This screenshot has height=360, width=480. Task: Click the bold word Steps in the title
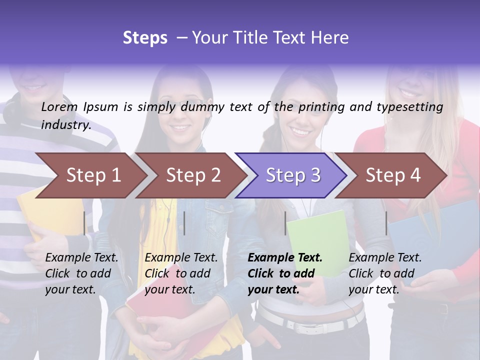click(x=145, y=38)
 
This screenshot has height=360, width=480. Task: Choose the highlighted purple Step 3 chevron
click(x=292, y=175)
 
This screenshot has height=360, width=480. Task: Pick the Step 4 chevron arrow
click(x=392, y=175)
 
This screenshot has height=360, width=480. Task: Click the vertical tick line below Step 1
click(x=84, y=223)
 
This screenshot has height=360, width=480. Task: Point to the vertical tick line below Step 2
click(x=184, y=223)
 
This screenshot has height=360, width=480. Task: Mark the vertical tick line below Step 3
click(x=285, y=223)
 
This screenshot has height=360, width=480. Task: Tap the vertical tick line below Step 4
click(x=386, y=223)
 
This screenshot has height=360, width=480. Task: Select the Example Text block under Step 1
click(x=81, y=273)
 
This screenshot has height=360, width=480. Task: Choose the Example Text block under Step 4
click(x=385, y=273)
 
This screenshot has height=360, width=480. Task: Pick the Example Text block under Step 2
click(x=181, y=273)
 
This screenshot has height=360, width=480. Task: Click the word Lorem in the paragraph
click(x=59, y=106)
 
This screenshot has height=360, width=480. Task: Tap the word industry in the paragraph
click(x=65, y=124)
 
